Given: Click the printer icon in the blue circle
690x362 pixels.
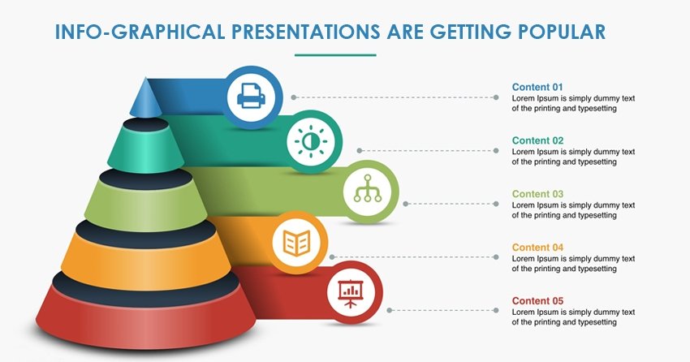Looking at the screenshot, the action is [252, 97].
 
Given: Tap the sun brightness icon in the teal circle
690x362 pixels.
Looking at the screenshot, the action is [311, 141].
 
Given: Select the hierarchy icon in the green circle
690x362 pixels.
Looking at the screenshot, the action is [368, 188].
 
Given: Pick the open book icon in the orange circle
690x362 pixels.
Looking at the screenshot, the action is [296, 243].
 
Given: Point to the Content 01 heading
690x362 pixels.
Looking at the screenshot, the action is [537, 87].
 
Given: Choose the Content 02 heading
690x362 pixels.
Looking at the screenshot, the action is [537, 140].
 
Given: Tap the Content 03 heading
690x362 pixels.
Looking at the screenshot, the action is [537, 194].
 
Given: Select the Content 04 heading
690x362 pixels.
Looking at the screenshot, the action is [537, 248].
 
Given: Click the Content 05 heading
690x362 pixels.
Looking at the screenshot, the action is [537, 301].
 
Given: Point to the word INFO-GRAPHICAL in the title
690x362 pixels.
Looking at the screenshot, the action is [140, 32].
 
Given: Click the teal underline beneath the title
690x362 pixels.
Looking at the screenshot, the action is [335, 55].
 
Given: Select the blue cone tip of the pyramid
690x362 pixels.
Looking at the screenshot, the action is [145, 99].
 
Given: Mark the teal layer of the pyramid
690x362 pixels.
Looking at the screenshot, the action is [145, 152].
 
